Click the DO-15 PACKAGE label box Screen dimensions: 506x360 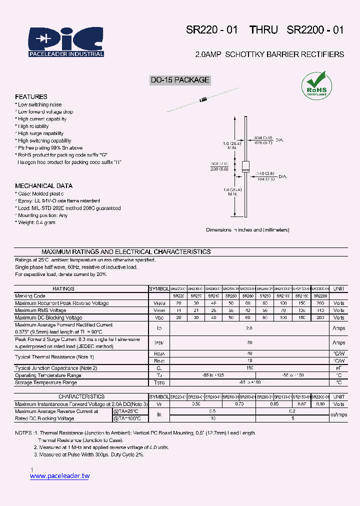pyautogui.click(x=180, y=80)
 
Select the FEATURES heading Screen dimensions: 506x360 pyautogui.click(x=31, y=96)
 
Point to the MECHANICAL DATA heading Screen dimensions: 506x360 pyautogui.click(x=43, y=186)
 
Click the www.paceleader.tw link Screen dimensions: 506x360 pyautogui.click(x=59, y=476)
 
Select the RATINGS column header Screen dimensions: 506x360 pyautogui.click(x=63, y=289)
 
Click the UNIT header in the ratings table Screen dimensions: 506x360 pyautogui.click(x=338, y=289)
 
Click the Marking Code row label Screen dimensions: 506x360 pyautogui.click(x=30, y=296)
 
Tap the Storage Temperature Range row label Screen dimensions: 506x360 pyautogui.click(x=46, y=382)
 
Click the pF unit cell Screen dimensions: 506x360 pyautogui.click(x=338, y=368)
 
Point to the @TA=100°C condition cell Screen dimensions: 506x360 pyautogui.click(x=127, y=418)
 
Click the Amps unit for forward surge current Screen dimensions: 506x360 pyautogui.click(x=338, y=343)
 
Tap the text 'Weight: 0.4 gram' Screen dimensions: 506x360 pyautogui.click(x=36, y=222)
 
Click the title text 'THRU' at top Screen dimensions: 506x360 pyautogui.click(x=263, y=30)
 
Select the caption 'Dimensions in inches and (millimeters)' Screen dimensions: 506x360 pyautogui.click(x=247, y=230)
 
